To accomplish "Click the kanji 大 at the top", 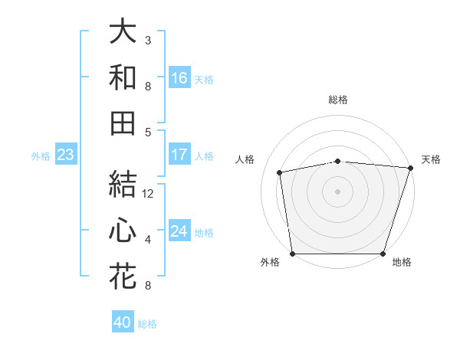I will pyautogui.click(x=123, y=32).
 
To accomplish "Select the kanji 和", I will pyautogui.click(x=123, y=78).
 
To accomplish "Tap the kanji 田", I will pyautogui.click(x=123, y=123).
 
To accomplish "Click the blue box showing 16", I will pyautogui.click(x=179, y=78).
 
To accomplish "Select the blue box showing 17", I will pyautogui.click(x=179, y=155).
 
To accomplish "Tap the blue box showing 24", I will pyautogui.click(x=179, y=232).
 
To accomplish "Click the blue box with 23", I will pyautogui.click(x=65, y=155).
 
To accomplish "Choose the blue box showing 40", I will pyautogui.click(x=123, y=322).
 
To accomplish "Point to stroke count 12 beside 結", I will pyautogui.click(x=148, y=194).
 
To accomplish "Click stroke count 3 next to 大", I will pyautogui.click(x=148, y=40).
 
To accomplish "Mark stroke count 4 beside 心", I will pyautogui.click(x=148, y=240).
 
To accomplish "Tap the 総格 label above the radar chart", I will pyautogui.click(x=338, y=100).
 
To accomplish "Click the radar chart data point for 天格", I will pyautogui.click(x=410, y=168).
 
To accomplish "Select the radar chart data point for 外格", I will pyautogui.click(x=292, y=254).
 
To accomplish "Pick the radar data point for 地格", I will pyautogui.click(x=383, y=254).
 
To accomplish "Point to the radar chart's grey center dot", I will pyautogui.click(x=337, y=191).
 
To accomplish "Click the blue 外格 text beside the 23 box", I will pyautogui.click(x=41, y=156).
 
